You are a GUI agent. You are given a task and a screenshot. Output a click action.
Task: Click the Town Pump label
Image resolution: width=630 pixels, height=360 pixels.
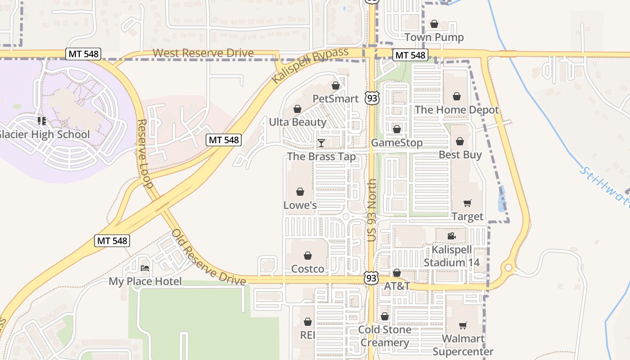[434, 37]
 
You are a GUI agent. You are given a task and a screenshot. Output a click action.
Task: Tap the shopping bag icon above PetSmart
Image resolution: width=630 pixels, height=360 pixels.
[335, 85]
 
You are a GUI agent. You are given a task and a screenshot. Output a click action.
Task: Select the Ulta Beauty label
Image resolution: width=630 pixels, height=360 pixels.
[297, 122]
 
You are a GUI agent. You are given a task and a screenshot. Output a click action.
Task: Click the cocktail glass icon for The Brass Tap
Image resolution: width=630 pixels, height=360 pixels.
[321, 144]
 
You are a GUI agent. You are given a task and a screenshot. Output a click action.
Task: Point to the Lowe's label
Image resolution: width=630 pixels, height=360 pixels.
[300, 205]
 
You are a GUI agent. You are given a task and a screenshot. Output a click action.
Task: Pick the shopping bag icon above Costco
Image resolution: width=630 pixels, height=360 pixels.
[308, 256]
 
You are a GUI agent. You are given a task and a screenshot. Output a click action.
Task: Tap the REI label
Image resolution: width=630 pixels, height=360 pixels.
[307, 335]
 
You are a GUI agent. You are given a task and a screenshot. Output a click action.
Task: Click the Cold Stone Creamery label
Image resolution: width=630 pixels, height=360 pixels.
[384, 336]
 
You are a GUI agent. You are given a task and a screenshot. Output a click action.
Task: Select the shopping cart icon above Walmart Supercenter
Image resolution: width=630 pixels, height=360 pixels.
[463, 325]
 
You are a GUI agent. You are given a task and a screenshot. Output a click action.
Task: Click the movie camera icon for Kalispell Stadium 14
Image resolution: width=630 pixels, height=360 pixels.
[451, 236]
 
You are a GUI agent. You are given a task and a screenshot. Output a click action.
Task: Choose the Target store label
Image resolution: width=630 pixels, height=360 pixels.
[468, 216]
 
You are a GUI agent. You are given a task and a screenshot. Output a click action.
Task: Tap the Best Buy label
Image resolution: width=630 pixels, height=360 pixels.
[460, 155]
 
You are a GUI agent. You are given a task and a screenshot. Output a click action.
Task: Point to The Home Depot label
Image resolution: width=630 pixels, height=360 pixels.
[456, 110]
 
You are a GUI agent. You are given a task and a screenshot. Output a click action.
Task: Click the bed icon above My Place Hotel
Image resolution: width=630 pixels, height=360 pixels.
[145, 269]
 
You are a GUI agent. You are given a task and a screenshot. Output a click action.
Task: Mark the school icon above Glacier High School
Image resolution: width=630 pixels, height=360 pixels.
[42, 121]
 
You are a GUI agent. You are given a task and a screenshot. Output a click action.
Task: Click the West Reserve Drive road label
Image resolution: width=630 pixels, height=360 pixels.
[203, 53]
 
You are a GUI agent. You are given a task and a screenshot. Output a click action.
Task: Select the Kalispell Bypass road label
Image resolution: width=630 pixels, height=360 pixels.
[310, 65]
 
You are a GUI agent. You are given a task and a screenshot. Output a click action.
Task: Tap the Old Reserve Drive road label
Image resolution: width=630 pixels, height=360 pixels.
[209, 258]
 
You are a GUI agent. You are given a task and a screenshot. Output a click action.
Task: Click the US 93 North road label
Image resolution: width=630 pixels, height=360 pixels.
[372, 210]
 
